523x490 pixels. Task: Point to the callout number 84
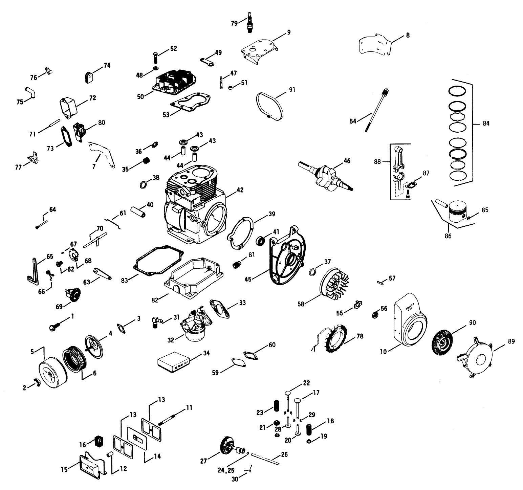click(x=486, y=124)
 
